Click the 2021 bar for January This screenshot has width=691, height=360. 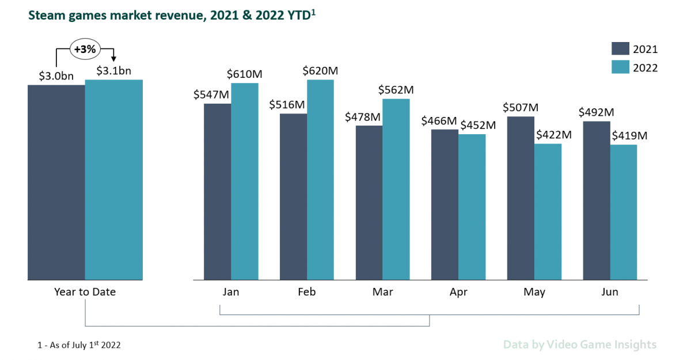click(217, 192)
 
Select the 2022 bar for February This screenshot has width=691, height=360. click(320, 180)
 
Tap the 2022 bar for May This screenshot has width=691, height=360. click(548, 212)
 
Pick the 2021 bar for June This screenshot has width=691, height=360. click(597, 200)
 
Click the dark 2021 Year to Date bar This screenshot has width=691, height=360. click(56, 183)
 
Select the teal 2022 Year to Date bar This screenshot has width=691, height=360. click(113, 180)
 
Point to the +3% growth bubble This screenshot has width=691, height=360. click(85, 49)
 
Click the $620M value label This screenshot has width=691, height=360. click(321, 71)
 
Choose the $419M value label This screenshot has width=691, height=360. click(630, 136)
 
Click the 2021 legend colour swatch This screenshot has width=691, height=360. click(621, 49)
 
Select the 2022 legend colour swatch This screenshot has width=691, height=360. click(621, 67)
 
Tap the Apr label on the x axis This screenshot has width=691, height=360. click(458, 292)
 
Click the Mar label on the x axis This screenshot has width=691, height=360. click(382, 292)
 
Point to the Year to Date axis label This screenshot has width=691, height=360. click(85, 292)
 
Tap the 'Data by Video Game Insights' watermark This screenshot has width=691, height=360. click(579, 344)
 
